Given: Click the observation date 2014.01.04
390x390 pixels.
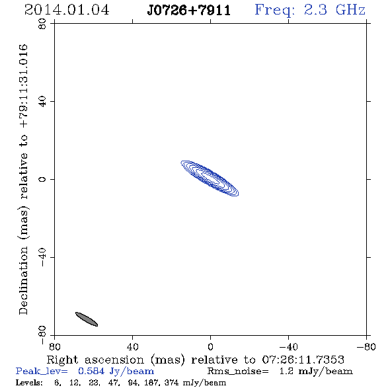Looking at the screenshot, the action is click(x=67, y=10).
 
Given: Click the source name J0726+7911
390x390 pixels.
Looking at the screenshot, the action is click(x=189, y=10).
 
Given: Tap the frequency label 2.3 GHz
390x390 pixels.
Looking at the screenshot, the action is click(x=334, y=10).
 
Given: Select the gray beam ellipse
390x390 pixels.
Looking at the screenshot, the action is click(x=87, y=319).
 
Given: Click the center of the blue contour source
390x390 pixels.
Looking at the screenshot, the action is click(x=210, y=178).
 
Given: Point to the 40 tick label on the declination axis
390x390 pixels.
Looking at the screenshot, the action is click(x=42, y=102).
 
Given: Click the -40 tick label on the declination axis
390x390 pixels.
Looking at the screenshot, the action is click(x=42, y=257).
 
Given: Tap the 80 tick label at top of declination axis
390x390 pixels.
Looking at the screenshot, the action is click(x=42, y=24).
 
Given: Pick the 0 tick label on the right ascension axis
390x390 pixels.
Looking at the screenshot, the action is click(x=210, y=347).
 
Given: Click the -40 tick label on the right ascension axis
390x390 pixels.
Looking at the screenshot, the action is click(x=288, y=347).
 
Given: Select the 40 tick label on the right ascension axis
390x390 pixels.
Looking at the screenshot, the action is click(x=133, y=347).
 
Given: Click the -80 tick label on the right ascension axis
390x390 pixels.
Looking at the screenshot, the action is click(x=366, y=347).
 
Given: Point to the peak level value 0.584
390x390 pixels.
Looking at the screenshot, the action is click(x=91, y=371).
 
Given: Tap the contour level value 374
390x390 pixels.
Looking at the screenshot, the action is click(x=171, y=382).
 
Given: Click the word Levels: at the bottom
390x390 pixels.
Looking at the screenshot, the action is click(x=29, y=382).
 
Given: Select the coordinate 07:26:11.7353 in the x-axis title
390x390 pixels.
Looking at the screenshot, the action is click(x=303, y=360).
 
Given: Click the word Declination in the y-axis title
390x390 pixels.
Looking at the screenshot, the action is click(x=23, y=280).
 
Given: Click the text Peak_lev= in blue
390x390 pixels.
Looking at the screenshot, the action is click(x=42, y=371).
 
